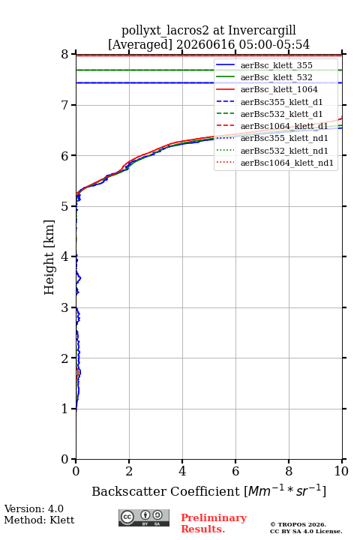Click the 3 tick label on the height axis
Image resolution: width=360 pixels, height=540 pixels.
tap(64, 307)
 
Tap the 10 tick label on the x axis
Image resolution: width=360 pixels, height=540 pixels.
tap(341, 471)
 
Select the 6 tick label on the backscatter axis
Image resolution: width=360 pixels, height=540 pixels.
tap(235, 471)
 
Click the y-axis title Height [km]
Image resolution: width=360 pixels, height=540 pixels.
tap(49, 257)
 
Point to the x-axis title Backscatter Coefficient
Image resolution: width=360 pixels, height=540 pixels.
tap(165, 491)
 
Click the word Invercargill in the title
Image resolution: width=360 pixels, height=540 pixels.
tap(262, 30)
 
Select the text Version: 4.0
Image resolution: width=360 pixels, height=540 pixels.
tap(34, 509)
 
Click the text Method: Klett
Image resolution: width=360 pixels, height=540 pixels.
tap(39, 520)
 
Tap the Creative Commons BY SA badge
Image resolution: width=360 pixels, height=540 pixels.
tap(144, 518)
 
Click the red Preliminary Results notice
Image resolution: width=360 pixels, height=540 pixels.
tap(214, 523)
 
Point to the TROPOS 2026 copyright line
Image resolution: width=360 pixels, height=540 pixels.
tap(298, 525)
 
